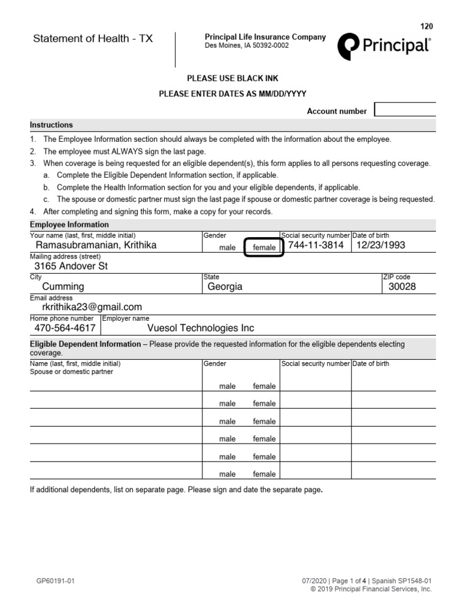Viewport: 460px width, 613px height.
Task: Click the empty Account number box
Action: tap(405, 110)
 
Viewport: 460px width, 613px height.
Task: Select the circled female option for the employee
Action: tap(264, 247)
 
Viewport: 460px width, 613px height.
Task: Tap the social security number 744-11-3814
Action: tap(316, 245)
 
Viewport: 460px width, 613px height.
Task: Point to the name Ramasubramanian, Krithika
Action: tap(96, 245)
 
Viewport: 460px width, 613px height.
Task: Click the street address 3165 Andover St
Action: tap(71, 266)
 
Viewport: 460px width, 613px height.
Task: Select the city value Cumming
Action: tap(63, 287)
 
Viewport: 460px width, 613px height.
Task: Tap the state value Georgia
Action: tap(225, 287)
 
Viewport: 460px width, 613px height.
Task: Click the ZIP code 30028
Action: tap(402, 287)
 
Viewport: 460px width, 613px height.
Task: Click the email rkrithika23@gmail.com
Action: tap(92, 307)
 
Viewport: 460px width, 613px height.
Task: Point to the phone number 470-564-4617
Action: tap(65, 328)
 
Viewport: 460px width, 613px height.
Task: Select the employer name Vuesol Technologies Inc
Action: tap(201, 328)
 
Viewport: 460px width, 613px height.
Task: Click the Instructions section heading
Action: tap(52, 125)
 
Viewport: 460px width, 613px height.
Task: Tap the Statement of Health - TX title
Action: tap(93, 39)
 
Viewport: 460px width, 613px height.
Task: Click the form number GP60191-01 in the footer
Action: tap(55, 581)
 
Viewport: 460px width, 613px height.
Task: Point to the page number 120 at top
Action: tap(426, 26)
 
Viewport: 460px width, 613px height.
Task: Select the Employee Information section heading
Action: tap(69, 224)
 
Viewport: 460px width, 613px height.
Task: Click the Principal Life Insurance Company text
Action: tap(265, 37)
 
